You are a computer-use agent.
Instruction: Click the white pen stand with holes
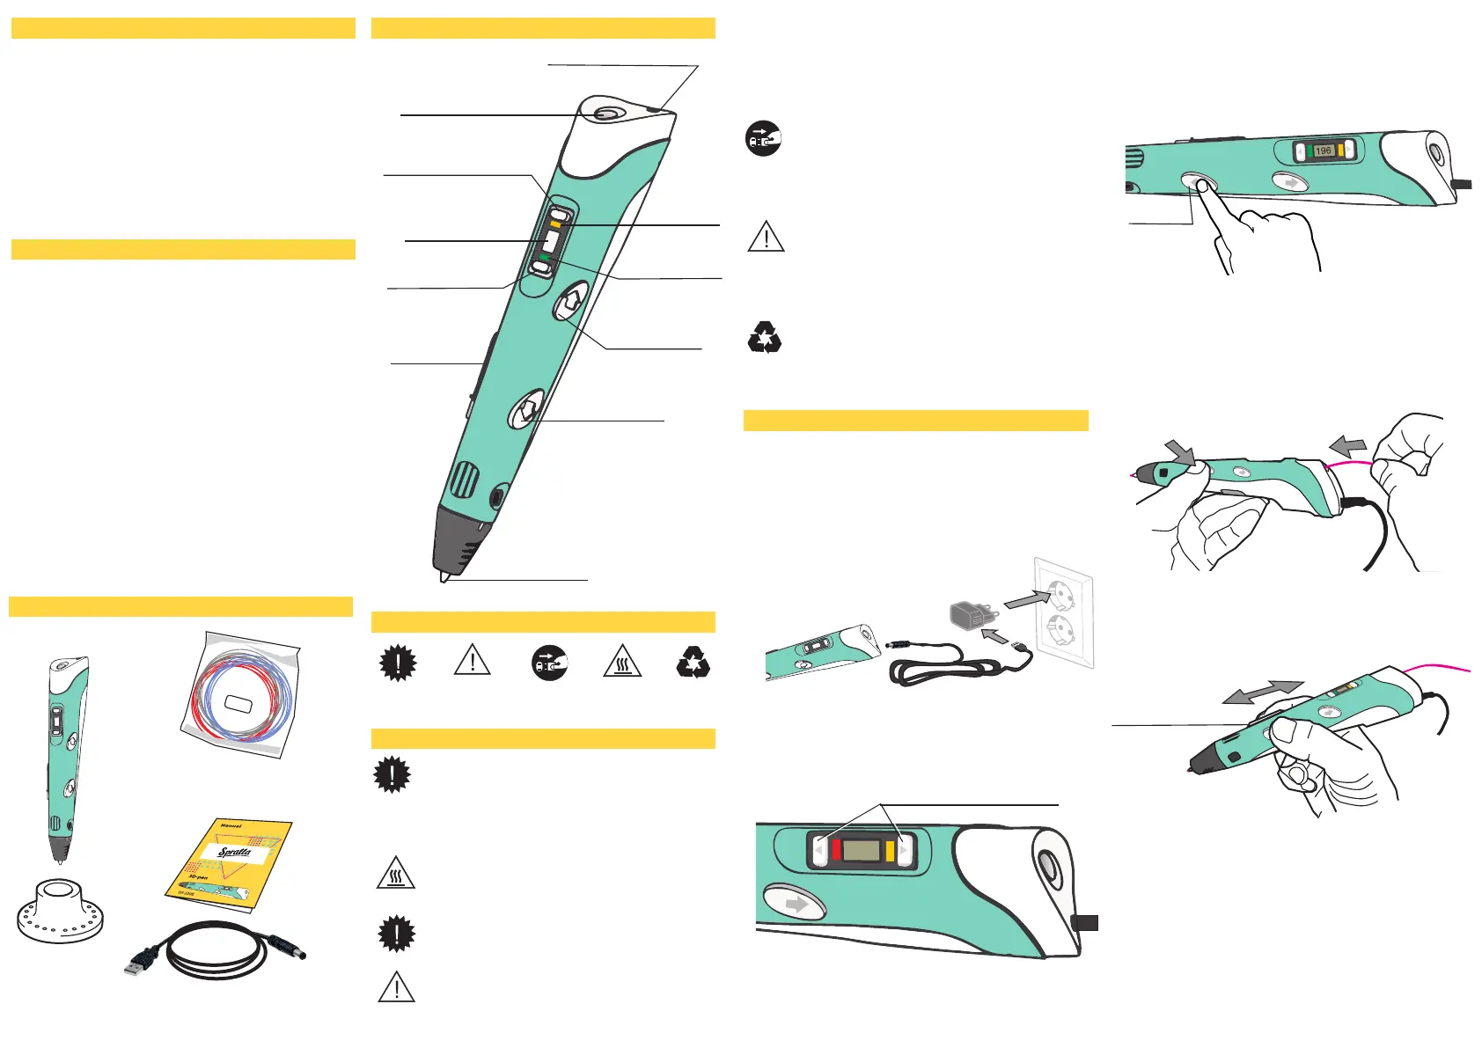(x=59, y=911)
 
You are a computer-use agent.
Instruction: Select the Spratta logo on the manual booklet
(x=235, y=852)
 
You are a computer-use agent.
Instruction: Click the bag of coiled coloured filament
(x=241, y=695)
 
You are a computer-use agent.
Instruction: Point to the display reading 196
(x=1323, y=150)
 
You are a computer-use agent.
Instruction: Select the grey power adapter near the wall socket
(x=969, y=614)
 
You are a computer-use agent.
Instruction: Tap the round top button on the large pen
(x=606, y=114)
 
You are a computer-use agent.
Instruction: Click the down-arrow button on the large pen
(x=526, y=409)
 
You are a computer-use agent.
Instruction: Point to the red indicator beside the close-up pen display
(x=836, y=851)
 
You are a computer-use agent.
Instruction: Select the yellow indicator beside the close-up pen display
(x=890, y=851)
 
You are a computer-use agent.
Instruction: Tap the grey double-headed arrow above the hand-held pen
(x=1262, y=692)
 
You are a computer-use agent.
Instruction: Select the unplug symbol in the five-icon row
(x=550, y=663)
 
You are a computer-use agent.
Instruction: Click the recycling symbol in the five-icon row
(x=693, y=663)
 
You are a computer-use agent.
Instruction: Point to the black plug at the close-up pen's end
(x=1086, y=922)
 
